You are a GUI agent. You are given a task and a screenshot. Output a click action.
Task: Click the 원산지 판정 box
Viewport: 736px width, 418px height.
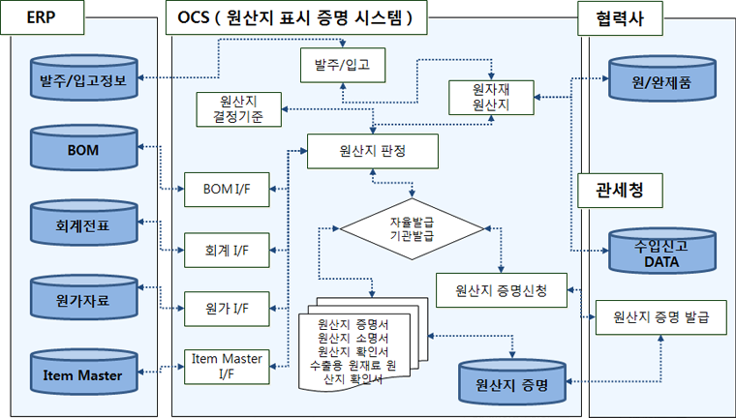[373, 151]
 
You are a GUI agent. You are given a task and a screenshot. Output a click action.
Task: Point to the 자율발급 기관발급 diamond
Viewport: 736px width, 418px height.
[412, 229]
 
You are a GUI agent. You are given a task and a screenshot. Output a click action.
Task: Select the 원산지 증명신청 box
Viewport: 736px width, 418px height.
[501, 289]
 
